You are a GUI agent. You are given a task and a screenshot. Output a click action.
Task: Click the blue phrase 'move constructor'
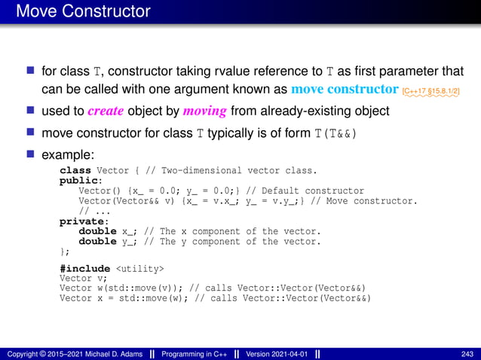345,90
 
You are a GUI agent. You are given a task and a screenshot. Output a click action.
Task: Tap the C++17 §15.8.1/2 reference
431,92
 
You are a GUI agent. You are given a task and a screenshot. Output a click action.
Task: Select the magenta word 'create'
106,111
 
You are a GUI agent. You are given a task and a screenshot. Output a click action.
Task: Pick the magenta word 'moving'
204,111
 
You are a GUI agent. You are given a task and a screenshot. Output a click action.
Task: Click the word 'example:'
68,155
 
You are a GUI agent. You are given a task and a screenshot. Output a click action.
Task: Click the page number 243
467,354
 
